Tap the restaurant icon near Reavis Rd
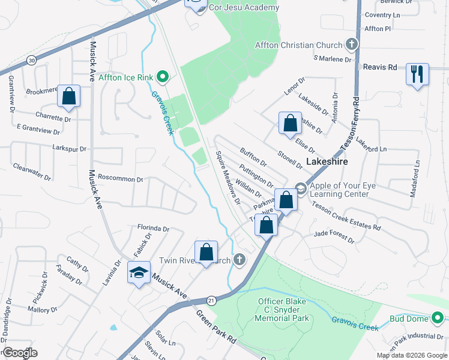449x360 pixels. (417, 74)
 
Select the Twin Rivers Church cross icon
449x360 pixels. (240, 260)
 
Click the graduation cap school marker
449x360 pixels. (139, 273)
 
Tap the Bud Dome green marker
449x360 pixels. (439, 318)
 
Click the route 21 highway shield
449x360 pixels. (211, 299)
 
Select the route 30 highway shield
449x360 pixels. (31, 60)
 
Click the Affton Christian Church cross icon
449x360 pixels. (352, 44)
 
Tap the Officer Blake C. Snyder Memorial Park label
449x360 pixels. (283, 310)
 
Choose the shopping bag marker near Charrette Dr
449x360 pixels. (69, 96)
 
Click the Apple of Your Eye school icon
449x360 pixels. (301, 190)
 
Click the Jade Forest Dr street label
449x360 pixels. (334, 236)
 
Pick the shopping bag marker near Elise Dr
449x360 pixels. (290, 123)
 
